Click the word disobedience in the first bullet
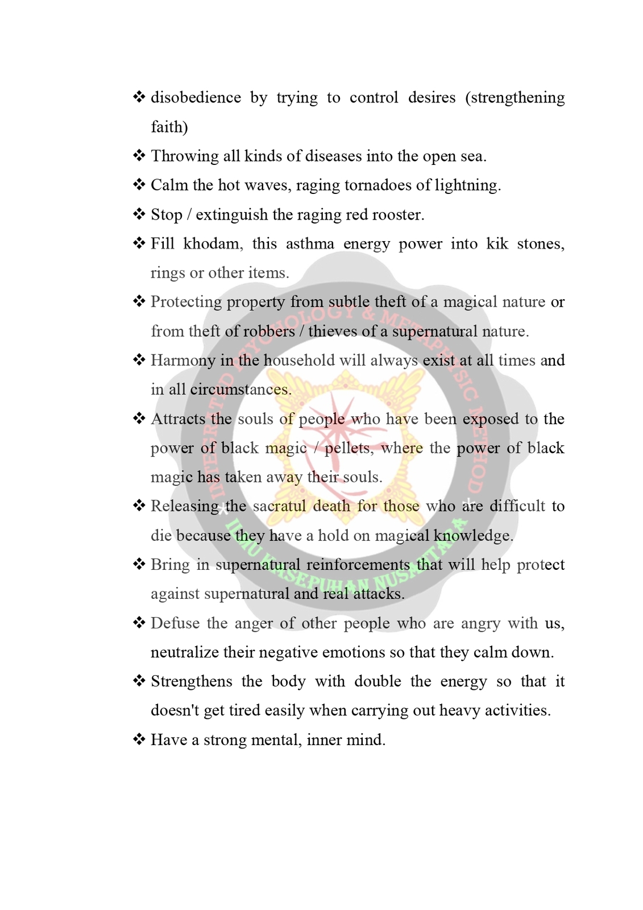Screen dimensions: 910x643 (x=196, y=98)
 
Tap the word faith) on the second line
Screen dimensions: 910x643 (x=169, y=127)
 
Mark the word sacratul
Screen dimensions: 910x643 (x=279, y=506)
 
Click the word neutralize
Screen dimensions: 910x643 (x=184, y=652)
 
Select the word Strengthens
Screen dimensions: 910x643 (x=191, y=681)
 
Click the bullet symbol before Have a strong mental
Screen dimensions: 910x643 (x=139, y=739)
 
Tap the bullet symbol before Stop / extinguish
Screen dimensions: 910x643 (x=139, y=214)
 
